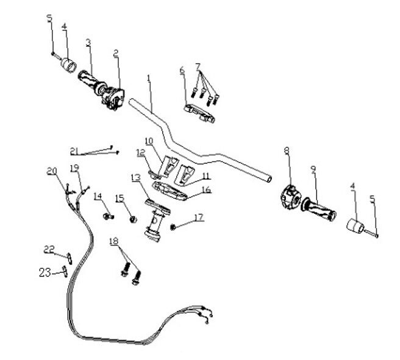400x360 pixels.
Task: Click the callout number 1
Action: (x=148, y=78)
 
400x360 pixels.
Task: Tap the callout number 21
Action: (x=74, y=151)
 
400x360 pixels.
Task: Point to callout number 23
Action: (x=44, y=274)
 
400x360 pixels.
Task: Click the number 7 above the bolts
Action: (x=198, y=65)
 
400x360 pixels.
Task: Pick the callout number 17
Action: (x=199, y=217)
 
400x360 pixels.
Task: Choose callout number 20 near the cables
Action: (x=51, y=171)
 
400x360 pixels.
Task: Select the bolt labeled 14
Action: (x=108, y=216)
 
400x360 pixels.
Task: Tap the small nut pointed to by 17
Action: (x=173, y=227)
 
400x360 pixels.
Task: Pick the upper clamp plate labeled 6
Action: (x=199, y=113)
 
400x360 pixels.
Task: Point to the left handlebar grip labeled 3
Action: (x=90, y=82)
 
